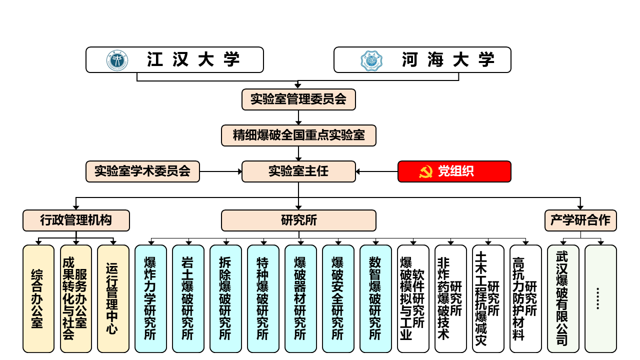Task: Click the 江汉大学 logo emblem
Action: (x=117, y=60)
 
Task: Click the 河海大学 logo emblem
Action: (x=371, y=60)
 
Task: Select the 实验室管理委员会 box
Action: (x=298, y=99)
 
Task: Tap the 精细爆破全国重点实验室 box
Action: (x=298, y=135)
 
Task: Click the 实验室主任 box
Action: (x=298, y=171)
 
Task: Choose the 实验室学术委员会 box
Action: (x=142, y=171)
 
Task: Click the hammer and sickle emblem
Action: (x=426, y=172)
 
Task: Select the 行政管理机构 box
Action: (x=76, y=220)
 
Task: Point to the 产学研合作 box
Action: (x=580, y=220)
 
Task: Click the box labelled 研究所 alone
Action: (x=298, y=220)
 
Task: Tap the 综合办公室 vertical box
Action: (x=38, y=298)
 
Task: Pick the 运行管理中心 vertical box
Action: (x=113, y=298)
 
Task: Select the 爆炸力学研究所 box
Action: (x=150, y=298)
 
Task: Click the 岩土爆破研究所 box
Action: (x=188, y=298)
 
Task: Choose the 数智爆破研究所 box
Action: (x=375, y=298)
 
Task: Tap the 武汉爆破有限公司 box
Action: (x=563, y=298)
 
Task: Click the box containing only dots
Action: (x=600, y=298)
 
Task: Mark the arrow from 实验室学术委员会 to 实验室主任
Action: (x=220, y=171)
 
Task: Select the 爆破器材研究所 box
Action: (x=300, y=298)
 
